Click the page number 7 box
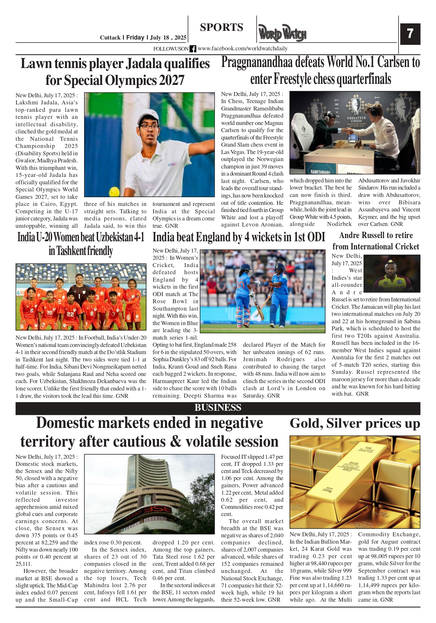tap(410, 34)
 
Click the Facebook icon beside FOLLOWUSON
tap(193, 49)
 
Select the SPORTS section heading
tap(221, 27)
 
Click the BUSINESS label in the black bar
tap(217, 408)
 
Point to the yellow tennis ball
tap(114, 192)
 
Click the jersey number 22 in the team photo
tap(70, 314)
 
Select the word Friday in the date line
tap(135, 37)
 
